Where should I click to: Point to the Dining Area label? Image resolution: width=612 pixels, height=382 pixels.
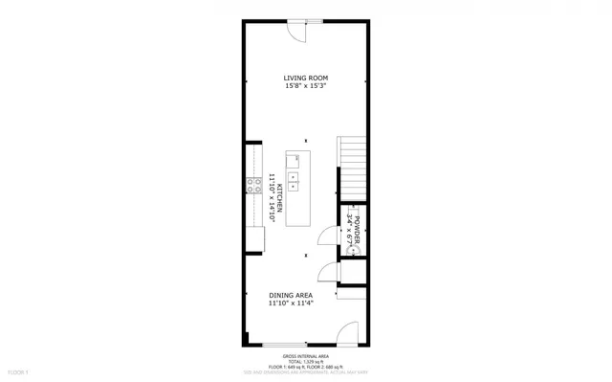point(290,296)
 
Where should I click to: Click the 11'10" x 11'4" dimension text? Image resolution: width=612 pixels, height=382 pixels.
point(290,304)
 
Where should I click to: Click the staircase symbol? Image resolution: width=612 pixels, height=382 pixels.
point(352,168)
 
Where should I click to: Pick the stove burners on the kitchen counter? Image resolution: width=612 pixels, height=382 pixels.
point(253,187)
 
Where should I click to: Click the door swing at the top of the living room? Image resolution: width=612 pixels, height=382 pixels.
point(299,32)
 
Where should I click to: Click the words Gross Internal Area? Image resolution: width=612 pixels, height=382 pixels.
point(305,354)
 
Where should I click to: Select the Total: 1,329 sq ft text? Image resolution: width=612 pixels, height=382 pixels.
point(305,360)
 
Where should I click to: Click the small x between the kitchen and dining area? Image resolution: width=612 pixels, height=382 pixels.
point(305,255)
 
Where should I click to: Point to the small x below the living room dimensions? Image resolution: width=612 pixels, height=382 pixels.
point(305,141)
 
